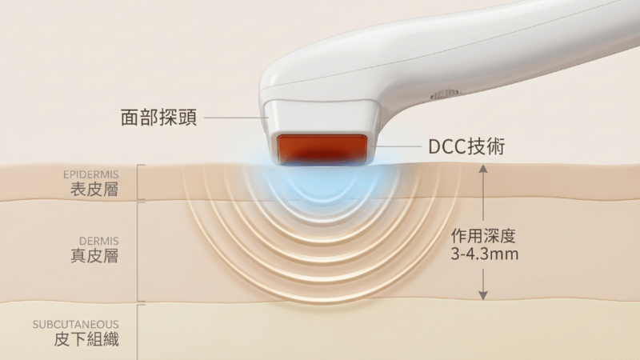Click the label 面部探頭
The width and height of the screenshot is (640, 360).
(158, 117)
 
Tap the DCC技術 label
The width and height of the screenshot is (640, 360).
(466, 146)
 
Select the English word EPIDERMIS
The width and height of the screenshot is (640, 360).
(90, 174)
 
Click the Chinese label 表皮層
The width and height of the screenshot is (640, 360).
(94, 190)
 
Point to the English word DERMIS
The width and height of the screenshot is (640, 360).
(98, 241)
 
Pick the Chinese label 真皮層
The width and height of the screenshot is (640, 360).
(94, 256)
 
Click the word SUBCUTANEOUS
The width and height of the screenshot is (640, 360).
(75, 325)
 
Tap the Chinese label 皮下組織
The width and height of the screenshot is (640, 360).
(86, 339)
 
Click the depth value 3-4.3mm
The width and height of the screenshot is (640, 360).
(485, 254)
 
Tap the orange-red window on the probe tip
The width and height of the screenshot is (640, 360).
(322, 150)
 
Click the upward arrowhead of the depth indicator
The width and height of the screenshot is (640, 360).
(483, 168)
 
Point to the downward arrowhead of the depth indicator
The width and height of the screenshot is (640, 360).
(483, 295)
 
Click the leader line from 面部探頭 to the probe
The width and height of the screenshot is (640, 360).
(236, 118)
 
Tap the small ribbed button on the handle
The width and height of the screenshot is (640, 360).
(444, 95)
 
